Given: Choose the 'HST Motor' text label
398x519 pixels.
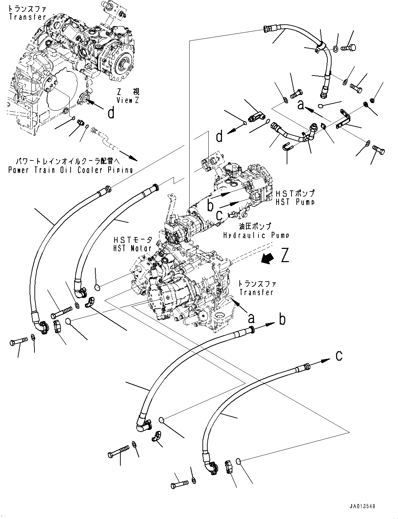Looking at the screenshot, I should [132, 248].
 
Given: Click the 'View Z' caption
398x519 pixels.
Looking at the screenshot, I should [128, 101].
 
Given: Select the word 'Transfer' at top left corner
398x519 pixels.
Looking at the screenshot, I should [27, 17].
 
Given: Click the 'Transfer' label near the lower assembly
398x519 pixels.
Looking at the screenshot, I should [256, 292].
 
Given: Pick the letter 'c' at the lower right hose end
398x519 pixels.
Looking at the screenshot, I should [339, 356].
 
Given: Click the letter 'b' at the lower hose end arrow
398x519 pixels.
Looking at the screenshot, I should [282, 319].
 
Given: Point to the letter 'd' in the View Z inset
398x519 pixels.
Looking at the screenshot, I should [111, 113].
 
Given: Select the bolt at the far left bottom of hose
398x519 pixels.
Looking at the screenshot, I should [17, 343].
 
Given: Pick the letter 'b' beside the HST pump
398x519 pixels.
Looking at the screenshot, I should [210, 205].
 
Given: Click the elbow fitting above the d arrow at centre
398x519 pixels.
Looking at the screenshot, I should [257, 115].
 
